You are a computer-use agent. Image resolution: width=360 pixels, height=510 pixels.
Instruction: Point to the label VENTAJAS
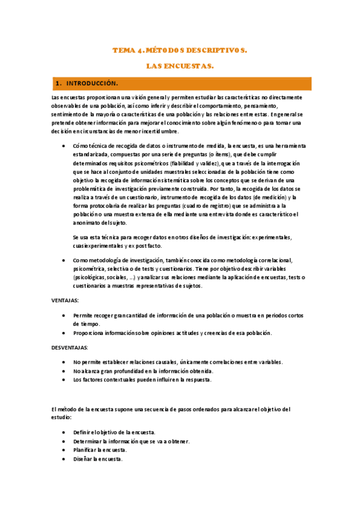click(x=66, y=300)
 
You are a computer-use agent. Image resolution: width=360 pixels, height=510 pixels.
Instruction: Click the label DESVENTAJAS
click(x=70, y=348)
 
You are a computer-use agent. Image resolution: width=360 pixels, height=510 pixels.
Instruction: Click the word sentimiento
click(x=69, y=114)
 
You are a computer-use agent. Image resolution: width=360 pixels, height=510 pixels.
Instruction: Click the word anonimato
click(x=88, y=223)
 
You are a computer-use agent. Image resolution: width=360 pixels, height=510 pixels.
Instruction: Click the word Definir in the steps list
click(x=84, y=432)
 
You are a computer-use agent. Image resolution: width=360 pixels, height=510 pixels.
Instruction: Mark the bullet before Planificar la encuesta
click(x=64, y=450)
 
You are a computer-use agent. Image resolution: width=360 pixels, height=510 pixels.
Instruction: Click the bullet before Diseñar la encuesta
click(x=64, y=459)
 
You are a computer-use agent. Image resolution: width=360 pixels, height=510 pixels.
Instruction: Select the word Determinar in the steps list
click(x=90, y=441)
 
